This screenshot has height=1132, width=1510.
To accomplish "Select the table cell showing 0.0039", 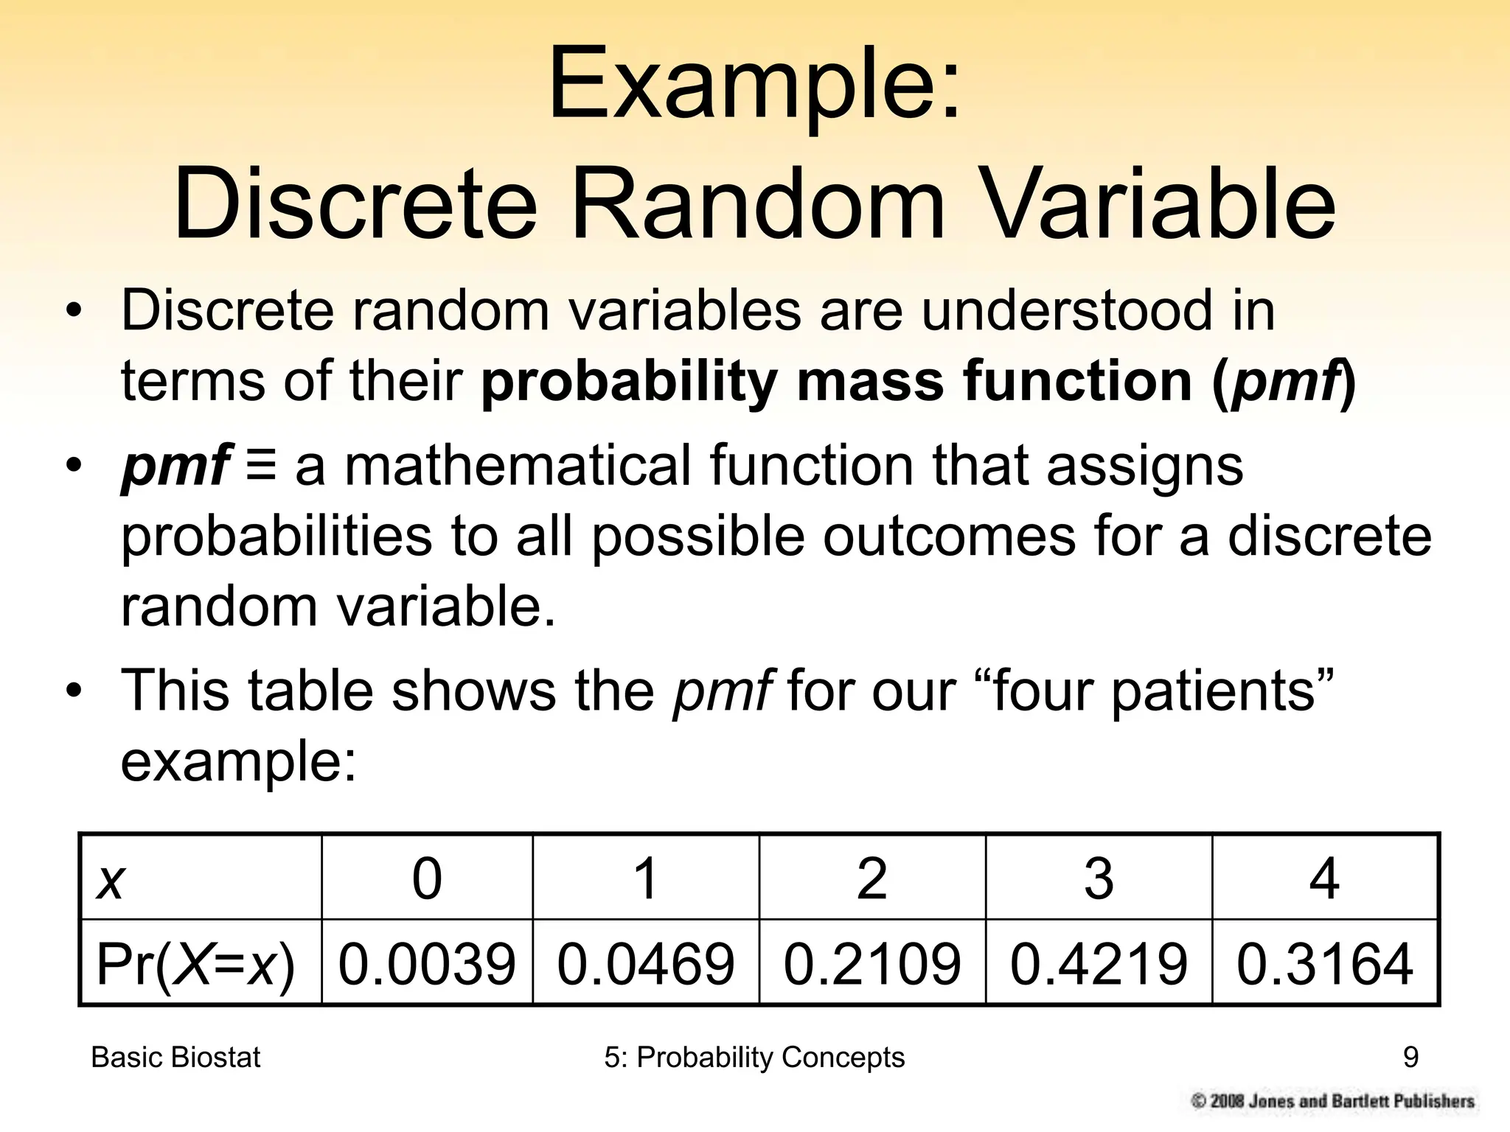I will (x=427, y=963).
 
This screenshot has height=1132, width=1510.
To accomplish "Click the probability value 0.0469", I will (x=646, y=963).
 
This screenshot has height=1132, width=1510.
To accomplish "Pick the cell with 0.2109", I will (x=872, y=963).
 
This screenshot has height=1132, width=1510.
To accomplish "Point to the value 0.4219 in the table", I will (x=1099, y=963).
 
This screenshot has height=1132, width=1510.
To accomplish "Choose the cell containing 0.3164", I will (x=1325, y=963).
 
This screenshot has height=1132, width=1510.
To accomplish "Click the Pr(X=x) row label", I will (x=195, y=963).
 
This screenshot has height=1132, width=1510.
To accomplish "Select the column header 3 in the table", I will (x=1099, y=878).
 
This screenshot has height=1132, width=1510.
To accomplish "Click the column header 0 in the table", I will (x=427, y=878).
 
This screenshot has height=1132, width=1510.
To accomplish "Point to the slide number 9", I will (x=1410, y=1058).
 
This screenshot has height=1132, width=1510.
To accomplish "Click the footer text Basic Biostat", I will (x=175, y=1058).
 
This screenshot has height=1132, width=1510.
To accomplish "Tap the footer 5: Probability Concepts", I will (x=754, y=1058).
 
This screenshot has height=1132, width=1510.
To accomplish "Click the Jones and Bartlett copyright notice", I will (x=1333, y=1101).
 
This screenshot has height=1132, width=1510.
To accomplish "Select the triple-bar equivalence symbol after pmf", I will (x=262, y=466).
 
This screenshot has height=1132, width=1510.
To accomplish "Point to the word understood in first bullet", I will (x=1066, y=310).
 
